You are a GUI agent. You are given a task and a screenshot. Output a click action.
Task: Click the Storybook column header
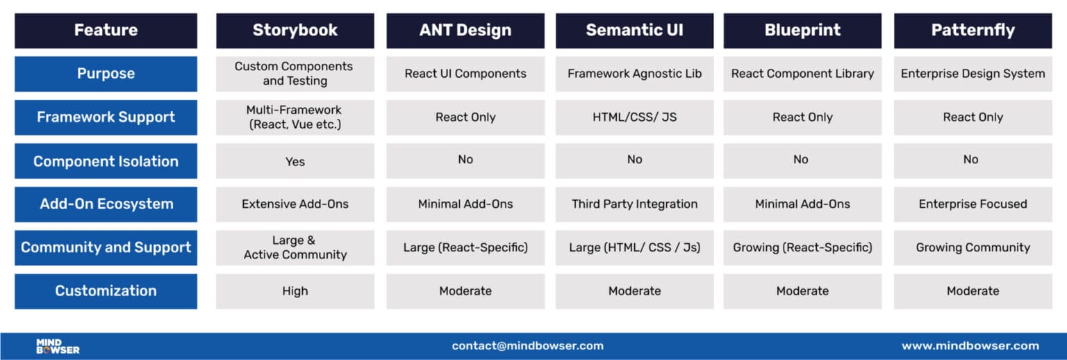click(295, 31)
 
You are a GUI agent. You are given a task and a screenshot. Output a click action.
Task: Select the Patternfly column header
click(973, 31)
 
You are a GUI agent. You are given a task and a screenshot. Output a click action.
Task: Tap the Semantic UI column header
click(634, 31)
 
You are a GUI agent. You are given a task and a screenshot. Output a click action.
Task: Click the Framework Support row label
click(106, 117)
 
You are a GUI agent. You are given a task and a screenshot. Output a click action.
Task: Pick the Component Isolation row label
click(106, 161)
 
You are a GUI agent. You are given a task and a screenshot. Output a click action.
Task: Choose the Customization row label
click(106, 291)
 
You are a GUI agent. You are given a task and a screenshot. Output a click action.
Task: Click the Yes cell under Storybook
click(295, 161)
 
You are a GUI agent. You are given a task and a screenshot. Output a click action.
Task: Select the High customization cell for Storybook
click(295, 291)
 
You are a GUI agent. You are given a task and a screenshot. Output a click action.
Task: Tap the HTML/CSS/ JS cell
click(634, 117)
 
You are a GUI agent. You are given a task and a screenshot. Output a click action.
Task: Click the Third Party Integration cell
click(634, 204)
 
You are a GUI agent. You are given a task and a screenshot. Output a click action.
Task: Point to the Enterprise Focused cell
click(973, 204)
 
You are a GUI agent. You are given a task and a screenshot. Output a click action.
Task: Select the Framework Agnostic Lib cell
click(634, 74)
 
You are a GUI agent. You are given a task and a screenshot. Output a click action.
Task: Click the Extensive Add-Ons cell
click(295, 204)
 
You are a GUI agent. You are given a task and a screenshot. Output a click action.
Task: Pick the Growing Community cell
click(973, 247)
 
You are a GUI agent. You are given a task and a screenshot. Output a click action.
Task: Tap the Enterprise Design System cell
click(973, 74)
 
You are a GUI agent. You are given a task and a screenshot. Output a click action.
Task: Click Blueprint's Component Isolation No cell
click(802, 160)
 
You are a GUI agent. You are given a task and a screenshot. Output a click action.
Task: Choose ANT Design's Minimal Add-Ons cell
click(465, 204)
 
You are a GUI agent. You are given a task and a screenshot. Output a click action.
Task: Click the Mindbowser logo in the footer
click(58, 346)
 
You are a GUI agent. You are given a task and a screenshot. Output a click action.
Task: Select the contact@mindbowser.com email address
click(527, 346)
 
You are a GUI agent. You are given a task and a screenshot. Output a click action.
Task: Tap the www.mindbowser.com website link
click(970, 346)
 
